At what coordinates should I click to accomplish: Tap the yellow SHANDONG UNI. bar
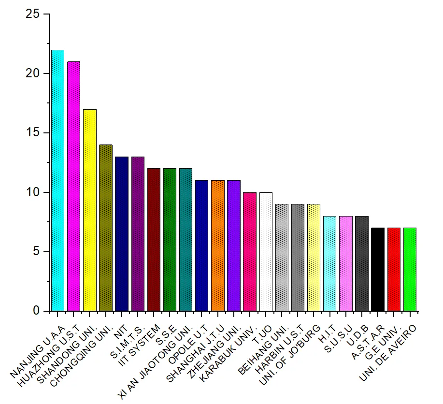[90, 210]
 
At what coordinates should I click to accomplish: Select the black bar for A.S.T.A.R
[378, 269]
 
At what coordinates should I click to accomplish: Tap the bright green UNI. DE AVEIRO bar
[410, 269]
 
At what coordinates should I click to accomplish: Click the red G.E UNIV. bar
[394, 269]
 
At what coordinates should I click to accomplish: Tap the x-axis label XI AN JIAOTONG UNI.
[159, 358]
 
